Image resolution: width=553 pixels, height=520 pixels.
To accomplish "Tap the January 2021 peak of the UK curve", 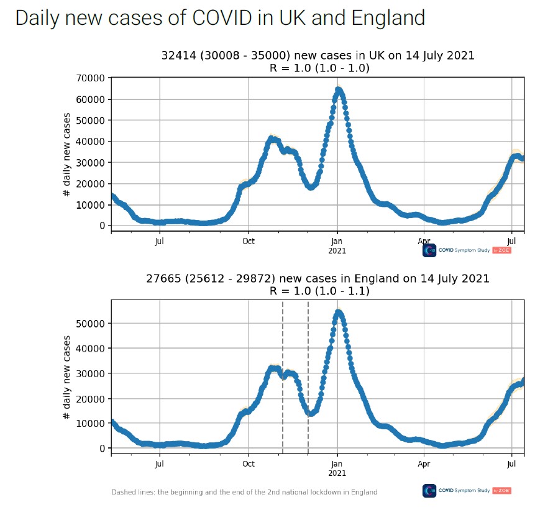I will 338,90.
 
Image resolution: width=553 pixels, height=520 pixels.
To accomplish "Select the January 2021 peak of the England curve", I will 338,312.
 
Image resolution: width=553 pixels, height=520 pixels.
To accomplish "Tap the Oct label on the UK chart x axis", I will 249,241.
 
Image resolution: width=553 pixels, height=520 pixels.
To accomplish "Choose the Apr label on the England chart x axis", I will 424,463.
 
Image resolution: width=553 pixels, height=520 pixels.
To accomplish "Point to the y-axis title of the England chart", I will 66,376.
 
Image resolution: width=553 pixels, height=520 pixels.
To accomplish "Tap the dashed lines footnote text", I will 244,492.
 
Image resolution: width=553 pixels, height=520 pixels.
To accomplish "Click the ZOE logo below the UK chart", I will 501,250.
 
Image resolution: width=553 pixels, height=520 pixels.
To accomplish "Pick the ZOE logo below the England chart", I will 501,491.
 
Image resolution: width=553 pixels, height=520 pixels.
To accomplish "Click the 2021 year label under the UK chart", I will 337,251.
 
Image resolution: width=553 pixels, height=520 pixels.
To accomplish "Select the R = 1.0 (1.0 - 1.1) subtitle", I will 317,290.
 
